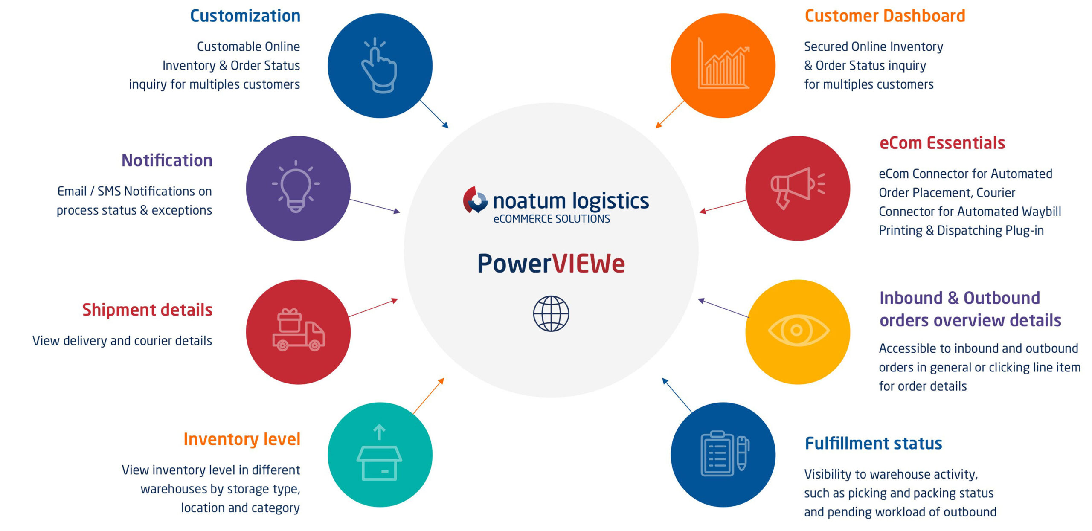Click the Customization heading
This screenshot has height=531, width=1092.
pyautogui.click(x=245, y=16)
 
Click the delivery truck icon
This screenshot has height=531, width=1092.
pyautogui.click(x=298, y=330)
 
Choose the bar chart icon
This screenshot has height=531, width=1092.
pyautogui.click(x=723, y=64)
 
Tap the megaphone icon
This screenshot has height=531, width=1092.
pyautogui.click(x=797, y=188)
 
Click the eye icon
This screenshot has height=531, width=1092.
pyautogui.click(x=798, y=330)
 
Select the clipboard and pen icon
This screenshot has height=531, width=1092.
pyautogui.click(x=724, y=453)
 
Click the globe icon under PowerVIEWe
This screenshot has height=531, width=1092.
pyautogui.click(x=551, y=313)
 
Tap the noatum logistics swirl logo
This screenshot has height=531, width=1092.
pyautogui.click(x=475, y=200)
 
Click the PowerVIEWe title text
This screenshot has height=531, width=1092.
pyautogui.click(x=551, y=264)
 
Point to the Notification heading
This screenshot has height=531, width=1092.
pyautogui.click(x=167, y=161)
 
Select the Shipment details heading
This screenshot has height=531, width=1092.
pyautogui.click(x=147, y=310)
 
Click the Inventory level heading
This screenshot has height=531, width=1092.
pyautogui.click(x=242, y=439)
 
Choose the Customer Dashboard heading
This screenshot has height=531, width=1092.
pyautogui.click(x=885, y=16)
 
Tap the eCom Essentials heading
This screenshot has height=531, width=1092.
pyautogui.click(x=942, y=143)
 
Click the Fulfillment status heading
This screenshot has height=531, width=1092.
pyautogui.click(x=873, y=444)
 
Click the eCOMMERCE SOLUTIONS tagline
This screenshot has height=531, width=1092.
pyautogui.click(x=552, y=219)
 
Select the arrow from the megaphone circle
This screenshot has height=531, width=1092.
pyautogui.click(x=723, y=206)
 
